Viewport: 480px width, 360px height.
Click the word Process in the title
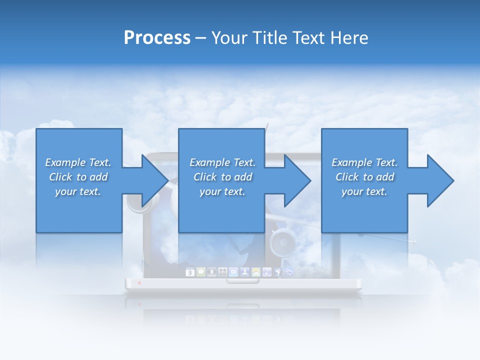[157, 37]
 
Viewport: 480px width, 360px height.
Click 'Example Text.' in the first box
[78, 162]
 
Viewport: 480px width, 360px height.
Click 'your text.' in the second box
[222, 191]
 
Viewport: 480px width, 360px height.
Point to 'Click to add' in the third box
[364, 177]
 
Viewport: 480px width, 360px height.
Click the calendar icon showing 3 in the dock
[190, 272]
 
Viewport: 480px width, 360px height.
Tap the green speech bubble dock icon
[201, 272]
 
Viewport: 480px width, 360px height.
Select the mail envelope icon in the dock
[233, 272]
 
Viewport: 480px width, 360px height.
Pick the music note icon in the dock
[267, 272]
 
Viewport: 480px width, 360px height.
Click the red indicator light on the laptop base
[139, 283]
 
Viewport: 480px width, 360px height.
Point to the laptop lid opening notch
[243, 281]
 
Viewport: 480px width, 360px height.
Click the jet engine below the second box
[282, 242]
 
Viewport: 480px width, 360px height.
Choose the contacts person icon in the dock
[245, 272]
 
